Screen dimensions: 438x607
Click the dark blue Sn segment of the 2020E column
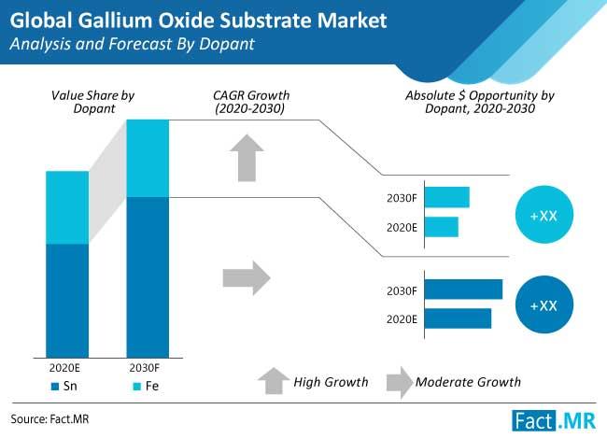67,300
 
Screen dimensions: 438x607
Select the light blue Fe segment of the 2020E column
67,207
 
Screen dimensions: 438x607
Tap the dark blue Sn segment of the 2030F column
148,276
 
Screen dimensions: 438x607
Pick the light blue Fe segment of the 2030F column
148,159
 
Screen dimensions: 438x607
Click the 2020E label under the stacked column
67,366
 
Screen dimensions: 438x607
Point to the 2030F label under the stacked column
148,366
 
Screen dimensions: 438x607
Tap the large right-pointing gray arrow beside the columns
246,277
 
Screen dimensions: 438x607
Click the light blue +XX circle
543,216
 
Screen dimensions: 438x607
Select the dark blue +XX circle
543,305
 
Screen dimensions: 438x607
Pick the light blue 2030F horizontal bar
447,197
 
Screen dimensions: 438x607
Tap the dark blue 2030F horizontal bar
464,290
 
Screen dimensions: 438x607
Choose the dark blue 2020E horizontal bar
459,318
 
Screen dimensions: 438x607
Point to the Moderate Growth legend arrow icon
399,381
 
